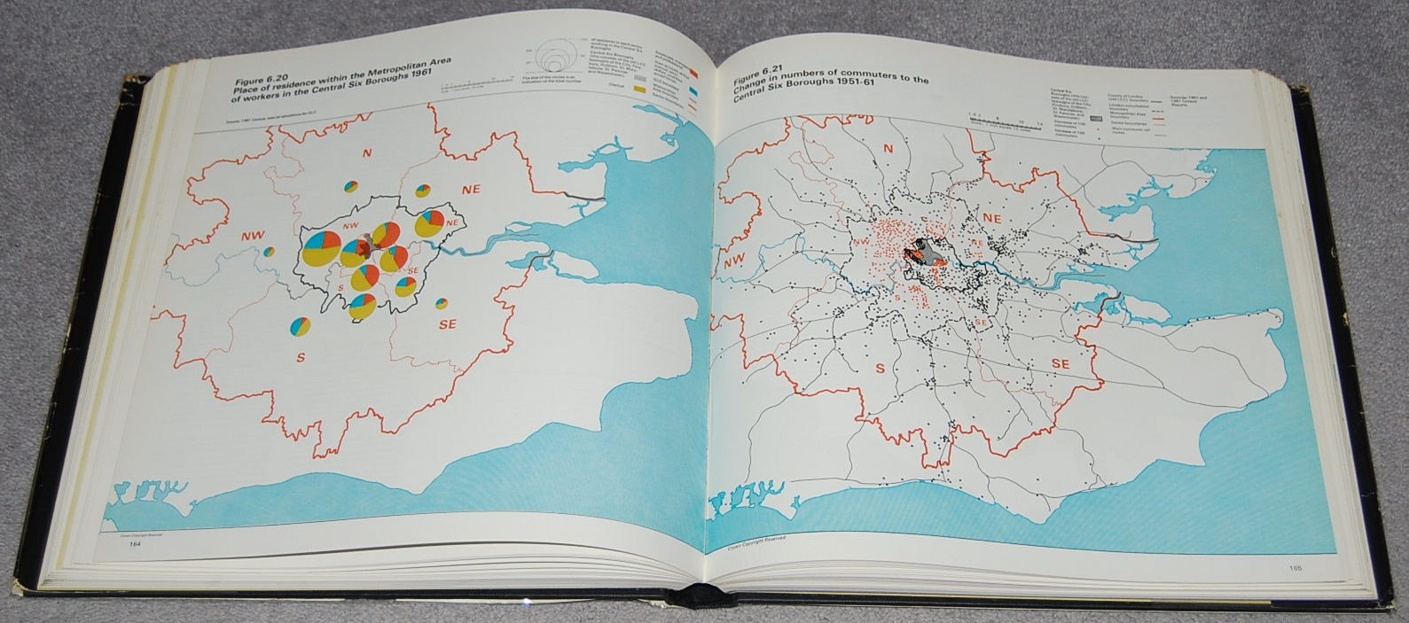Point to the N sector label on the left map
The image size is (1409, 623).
click(x=366, y=152)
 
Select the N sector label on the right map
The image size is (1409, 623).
click(x=887, y=149)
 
